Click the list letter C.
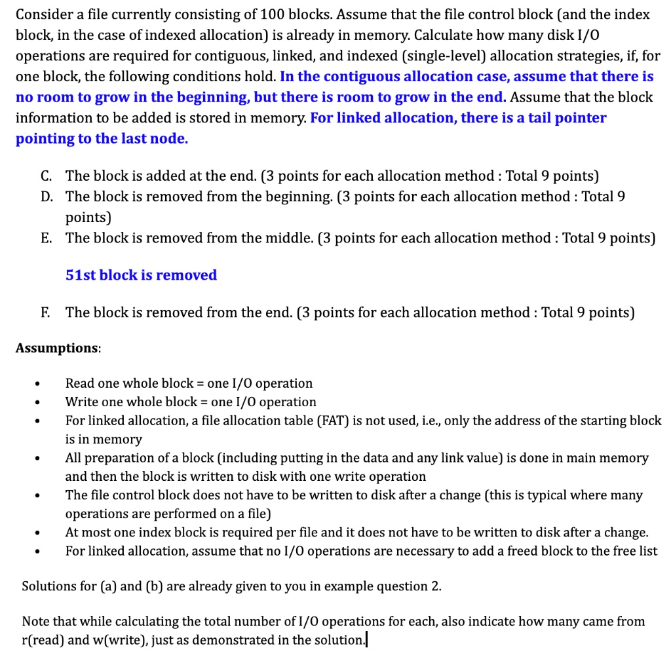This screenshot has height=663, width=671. (x=46, y=176)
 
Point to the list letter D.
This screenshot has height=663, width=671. (x=46, y=197)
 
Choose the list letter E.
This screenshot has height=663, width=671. (x=45, y=238)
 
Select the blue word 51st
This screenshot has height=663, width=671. (x=81, y=275)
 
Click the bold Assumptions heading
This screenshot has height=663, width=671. (x=58, y=348)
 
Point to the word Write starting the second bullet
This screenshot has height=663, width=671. (x=82, y=402)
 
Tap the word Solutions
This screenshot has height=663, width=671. (x=49, y=586)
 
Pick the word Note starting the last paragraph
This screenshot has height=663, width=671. (x=36, y=621)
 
